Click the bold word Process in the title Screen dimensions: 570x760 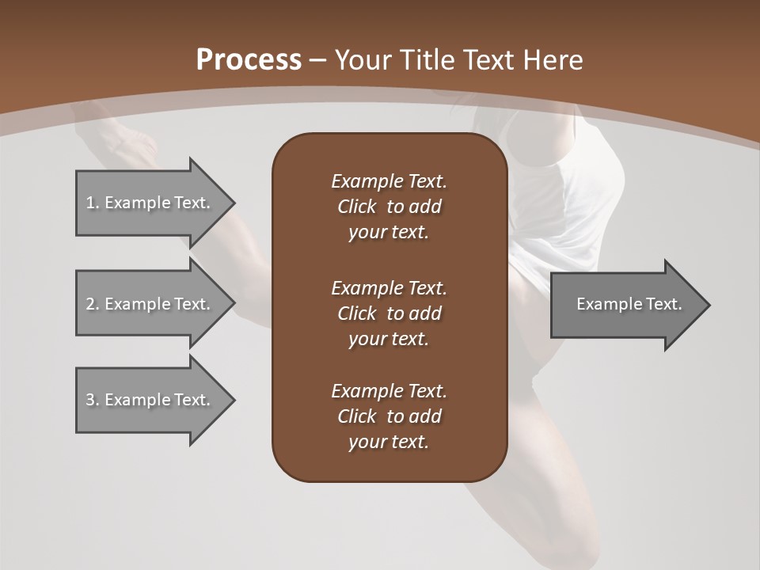coord(249,60)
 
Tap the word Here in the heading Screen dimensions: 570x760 coord(552,60)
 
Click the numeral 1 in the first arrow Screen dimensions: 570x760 coord(89,203)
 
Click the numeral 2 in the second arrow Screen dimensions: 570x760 coord(89,304)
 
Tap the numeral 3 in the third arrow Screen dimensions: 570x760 coord(89,400)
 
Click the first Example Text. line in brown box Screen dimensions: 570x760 coord(389,181)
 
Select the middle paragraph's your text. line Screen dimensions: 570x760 coord(389,339)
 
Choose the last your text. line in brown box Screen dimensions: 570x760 coord(389,442)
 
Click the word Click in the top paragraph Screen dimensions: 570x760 coord(357,207)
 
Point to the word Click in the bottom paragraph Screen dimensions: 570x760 coord(357,416)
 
